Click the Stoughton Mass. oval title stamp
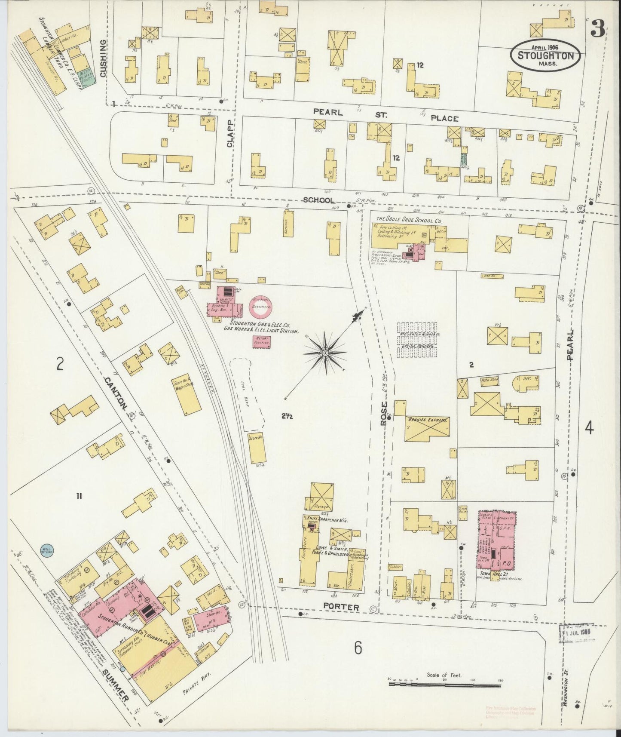545,55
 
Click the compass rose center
325,353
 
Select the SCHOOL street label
319,200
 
